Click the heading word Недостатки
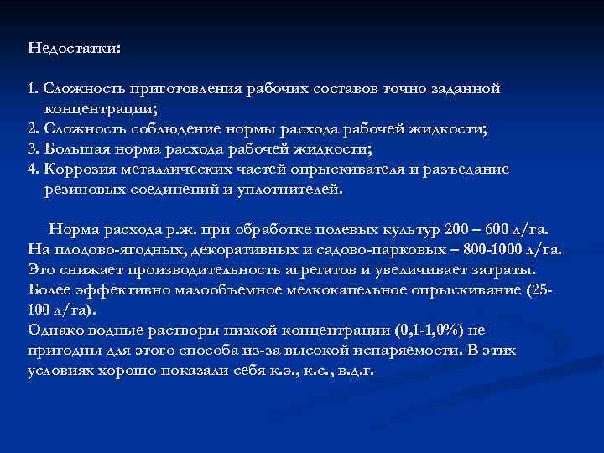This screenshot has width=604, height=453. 73,49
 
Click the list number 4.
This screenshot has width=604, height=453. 32,169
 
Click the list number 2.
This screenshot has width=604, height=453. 32,128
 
